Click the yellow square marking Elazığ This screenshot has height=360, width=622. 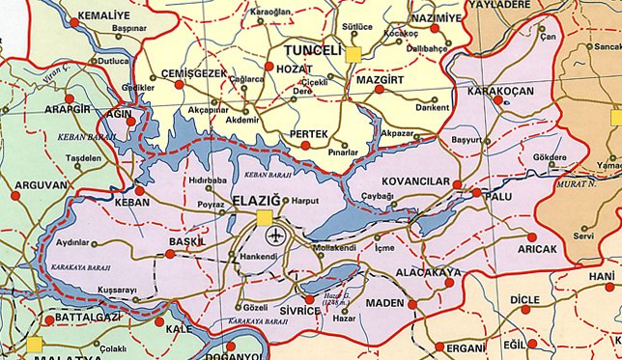click(264, 218)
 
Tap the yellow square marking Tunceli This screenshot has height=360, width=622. click(353, 54)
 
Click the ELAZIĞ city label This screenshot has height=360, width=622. click(231, 201)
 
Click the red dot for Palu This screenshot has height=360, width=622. click(476, 193)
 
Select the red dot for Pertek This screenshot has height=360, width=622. click(305, 145)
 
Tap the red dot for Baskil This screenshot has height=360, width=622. click(170, 255)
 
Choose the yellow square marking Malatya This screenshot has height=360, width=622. click(35, 344)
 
